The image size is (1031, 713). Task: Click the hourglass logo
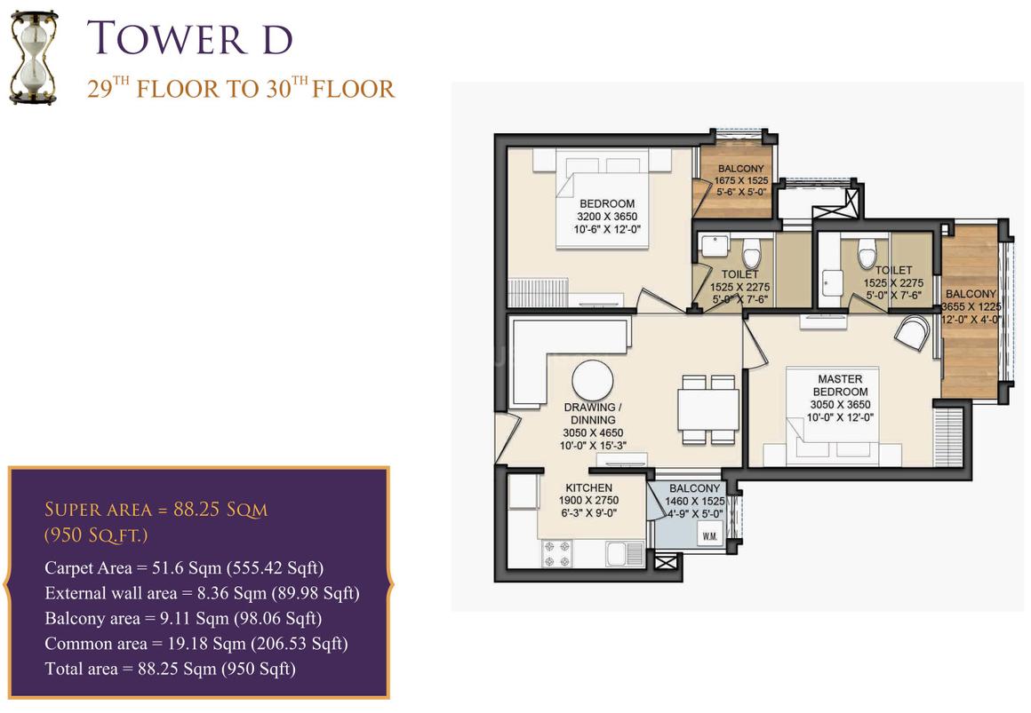[34, 58]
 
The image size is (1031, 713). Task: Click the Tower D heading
[189, 37]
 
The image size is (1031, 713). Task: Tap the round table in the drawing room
[593, 381]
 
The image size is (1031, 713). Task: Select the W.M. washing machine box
[709, 535]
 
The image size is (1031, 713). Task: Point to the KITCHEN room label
[589, 487]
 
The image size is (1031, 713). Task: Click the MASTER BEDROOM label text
[840, 385]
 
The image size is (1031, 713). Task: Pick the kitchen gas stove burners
[556, 553]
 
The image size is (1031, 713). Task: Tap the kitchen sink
[625, 553]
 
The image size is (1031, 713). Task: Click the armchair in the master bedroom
[913, 332]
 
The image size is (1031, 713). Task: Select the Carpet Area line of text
[184, 567]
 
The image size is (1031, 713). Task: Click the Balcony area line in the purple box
[183, 618]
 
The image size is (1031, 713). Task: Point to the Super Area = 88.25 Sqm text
[156, 510]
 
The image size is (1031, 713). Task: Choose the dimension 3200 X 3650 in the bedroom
[607, 216]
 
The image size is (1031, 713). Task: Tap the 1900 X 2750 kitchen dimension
[588, 500]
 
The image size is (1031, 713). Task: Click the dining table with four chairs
[707, 409]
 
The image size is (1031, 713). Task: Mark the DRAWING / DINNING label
[593, 414]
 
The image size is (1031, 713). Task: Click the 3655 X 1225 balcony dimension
[971, 306]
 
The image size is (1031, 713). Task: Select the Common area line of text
[196, 644]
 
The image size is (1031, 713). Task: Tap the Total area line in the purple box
[171, 669]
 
